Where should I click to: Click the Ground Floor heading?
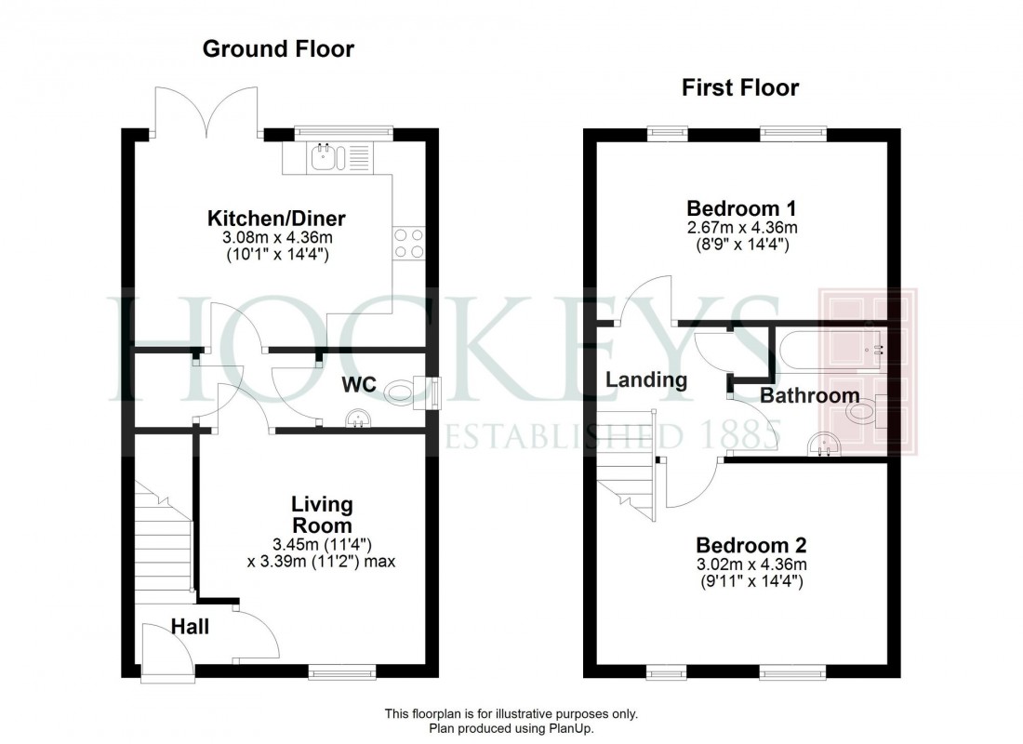coord(278,49)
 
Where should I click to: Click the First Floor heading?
coord(739,88)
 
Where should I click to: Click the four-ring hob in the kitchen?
coord(409,242)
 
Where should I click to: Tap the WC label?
coord(358,384)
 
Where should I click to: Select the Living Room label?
coord(322,515)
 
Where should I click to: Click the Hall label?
coord(190,627)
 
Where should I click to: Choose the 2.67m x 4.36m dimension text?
coord(741,227)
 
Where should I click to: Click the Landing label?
coord(646,379)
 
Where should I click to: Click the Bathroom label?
coord(810,396)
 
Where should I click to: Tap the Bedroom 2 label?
coord(751,545)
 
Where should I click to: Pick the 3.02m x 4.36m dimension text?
coord(751,565)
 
